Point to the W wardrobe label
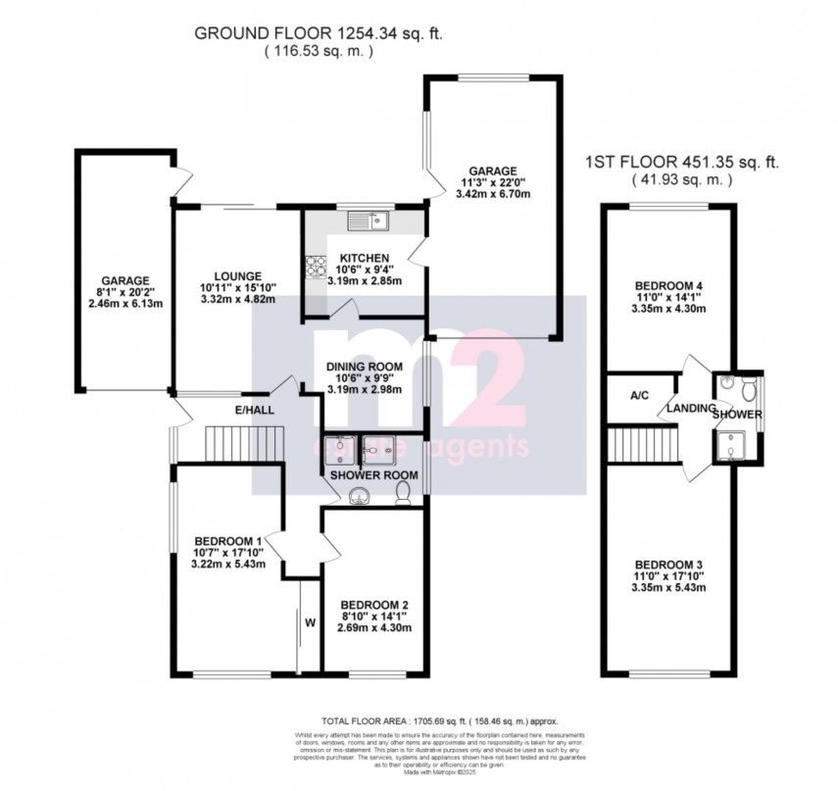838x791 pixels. (x=310, y=620)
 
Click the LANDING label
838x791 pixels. (x=689, y=408)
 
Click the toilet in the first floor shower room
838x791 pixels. (x=747, y=389)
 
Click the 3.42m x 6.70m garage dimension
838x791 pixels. (x=492, y=195)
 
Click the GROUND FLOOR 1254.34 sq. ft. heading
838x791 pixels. (x=319, y=32)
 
